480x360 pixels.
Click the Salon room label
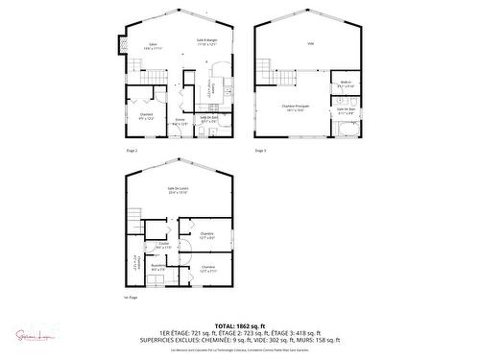tap(151, 45)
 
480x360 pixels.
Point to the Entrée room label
tap(180, 121)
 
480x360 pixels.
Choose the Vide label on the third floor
tap(311, 44)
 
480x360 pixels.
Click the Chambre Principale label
tap(294, 108)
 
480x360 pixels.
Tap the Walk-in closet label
tap(345, 84)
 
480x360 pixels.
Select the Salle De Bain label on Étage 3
tap(346, 111)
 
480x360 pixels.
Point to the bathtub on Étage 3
tap(346, 128)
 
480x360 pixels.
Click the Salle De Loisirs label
tap(178, 189)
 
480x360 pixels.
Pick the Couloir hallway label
tap(164, 245)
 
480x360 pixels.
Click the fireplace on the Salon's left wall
tap(121, 45)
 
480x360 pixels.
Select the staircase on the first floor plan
tap(135, 217)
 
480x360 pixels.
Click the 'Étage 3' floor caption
tap(260, 151)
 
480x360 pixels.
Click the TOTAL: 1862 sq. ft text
tap(240, 325)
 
